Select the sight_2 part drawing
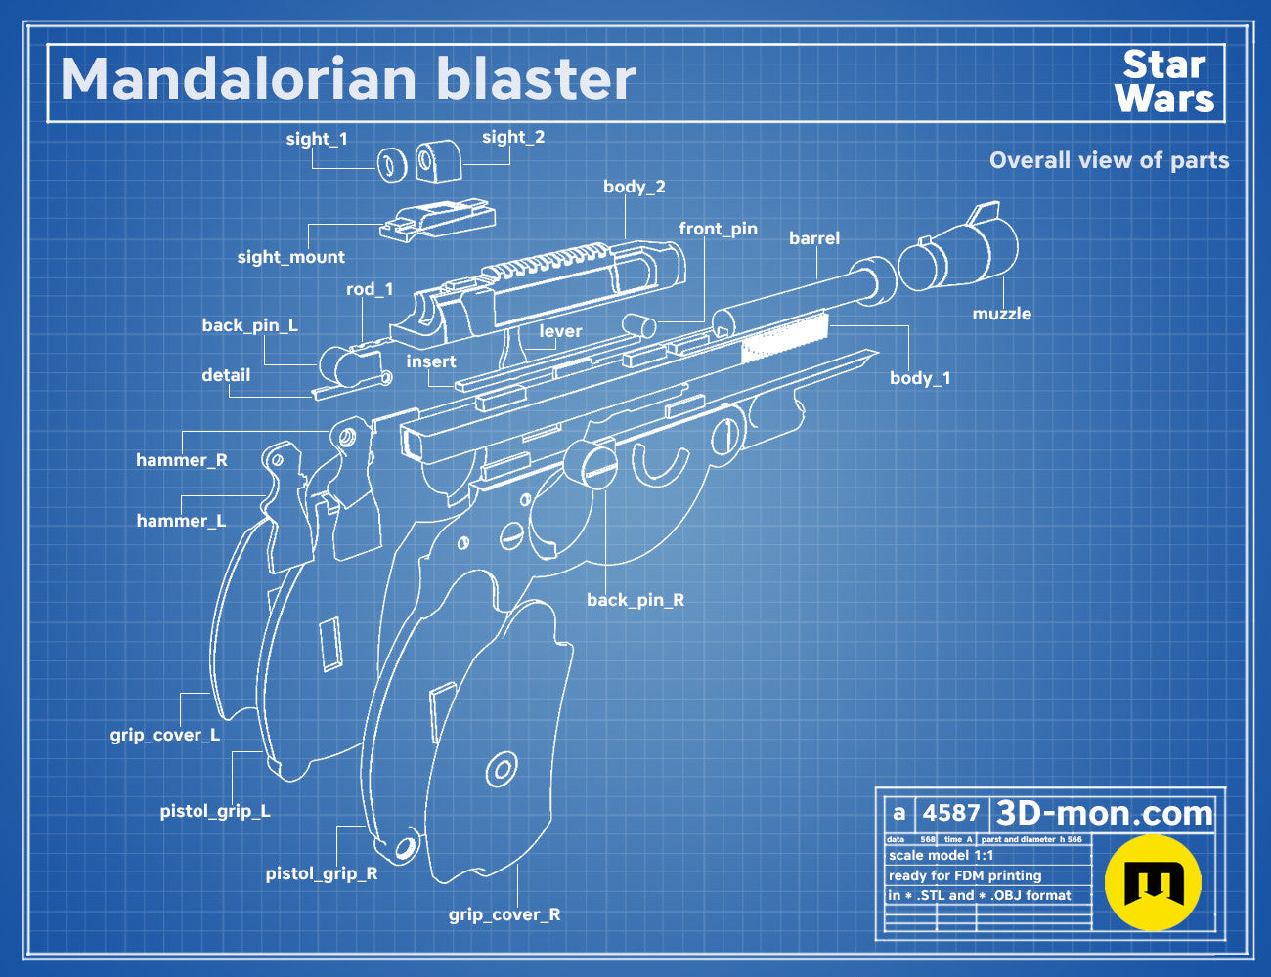(438, 160)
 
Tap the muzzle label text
(1001, 314)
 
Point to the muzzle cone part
(959, 250)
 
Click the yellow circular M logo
(1153, 882)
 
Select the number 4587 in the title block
(950, 813)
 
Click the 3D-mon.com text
(1104, 813)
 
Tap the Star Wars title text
(1164, 82)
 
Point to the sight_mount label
(290, 257)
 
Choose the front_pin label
(718, 229)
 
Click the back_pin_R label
(635, 600)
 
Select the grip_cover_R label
(504, 913)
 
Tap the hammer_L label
(181, 520)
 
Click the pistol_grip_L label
(215, 811)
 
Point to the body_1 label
(920, 378)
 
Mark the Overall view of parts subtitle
(1109, 160)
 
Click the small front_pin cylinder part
(638, 325)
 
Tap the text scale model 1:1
(942, 856)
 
